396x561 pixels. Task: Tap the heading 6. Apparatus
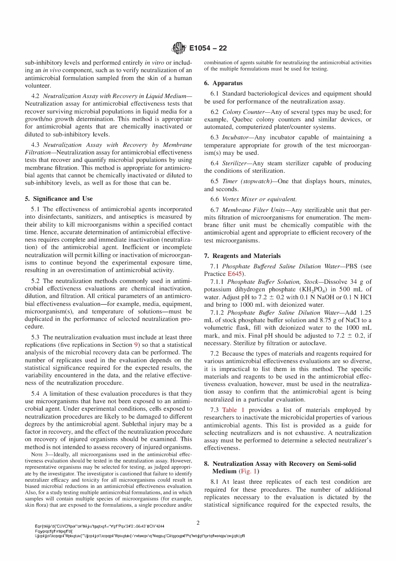coord(223,83)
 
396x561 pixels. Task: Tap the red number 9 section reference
coord(136,345)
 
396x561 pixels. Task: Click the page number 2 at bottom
coord(198,523)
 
